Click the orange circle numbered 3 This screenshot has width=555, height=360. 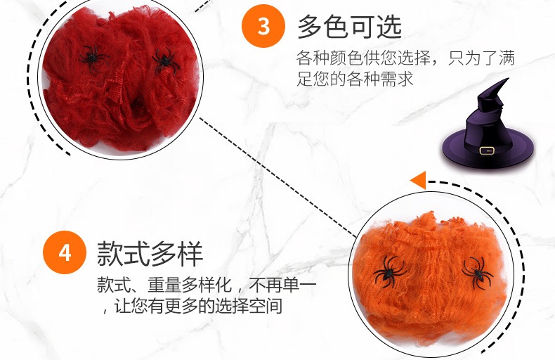[263, 26]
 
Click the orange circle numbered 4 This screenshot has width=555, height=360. [65, 252]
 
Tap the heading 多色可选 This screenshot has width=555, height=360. [349, 27]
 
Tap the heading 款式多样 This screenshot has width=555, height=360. [150, 253]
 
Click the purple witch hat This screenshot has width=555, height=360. [488, 127]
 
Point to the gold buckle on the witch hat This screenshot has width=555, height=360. [487, 150]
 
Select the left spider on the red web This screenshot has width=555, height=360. [93, 58]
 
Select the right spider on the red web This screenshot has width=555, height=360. [165, 61]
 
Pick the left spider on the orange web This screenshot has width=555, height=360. [389, 271]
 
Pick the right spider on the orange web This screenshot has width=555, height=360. [477, 272]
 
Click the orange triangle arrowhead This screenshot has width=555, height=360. [419, 181]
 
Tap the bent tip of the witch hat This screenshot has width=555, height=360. [507, 79]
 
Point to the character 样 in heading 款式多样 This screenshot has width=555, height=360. [190, 253]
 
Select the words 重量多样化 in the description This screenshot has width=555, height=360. [190, 285]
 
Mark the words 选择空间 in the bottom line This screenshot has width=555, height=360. [249, 306]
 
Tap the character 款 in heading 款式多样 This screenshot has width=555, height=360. [110, 253]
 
